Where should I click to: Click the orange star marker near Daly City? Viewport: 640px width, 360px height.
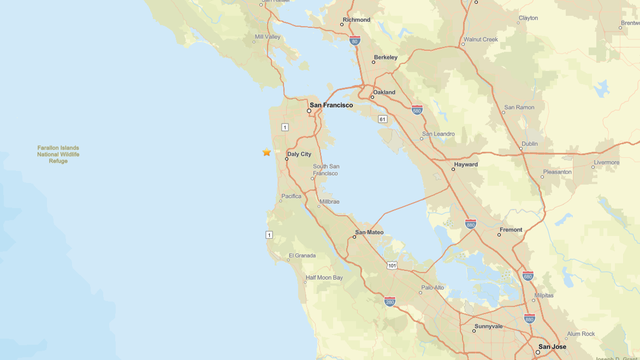tap(266, 152)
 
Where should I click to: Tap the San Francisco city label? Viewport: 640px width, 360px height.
tap(331, 105)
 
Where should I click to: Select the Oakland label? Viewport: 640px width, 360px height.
tap(385, 92)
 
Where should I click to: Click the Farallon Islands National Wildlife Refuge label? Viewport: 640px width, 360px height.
tap(58, 154)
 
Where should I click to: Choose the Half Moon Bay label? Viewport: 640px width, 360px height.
tap(324, 277)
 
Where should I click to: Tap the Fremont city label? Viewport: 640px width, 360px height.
tap(510, 230)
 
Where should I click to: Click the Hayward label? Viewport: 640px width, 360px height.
tap(465, 164)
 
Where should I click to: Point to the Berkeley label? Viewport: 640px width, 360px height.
tap(385, 57)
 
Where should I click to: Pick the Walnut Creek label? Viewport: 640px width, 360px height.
tap(479, 40)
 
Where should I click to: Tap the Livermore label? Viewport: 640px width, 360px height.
tap(606, 161)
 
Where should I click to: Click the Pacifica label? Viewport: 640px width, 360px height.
tap(291, 196)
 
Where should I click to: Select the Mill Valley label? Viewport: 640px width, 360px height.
tap(268, 36)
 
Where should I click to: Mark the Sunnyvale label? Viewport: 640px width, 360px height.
tap(489, 326)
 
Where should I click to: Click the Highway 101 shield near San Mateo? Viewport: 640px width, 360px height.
tap(393, 265)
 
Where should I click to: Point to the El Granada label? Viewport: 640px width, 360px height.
tap(302, 255)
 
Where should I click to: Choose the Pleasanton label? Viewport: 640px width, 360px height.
tap(557, 172)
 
